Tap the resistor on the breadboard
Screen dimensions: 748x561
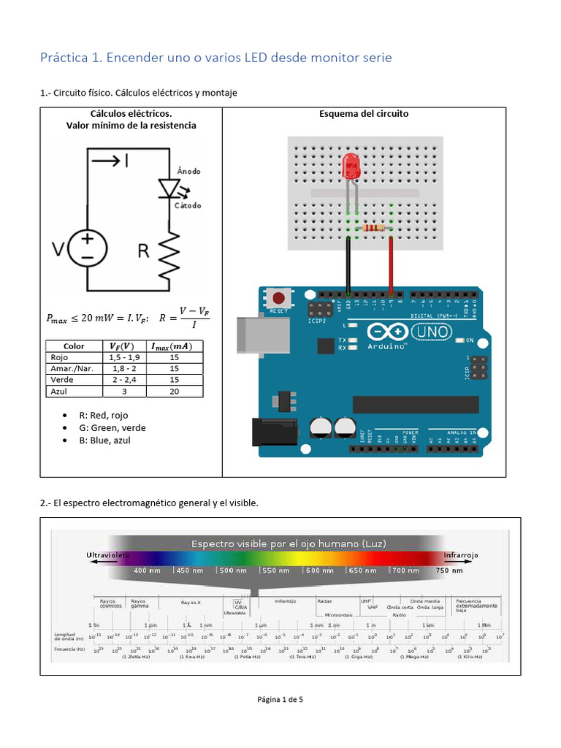[371, 228]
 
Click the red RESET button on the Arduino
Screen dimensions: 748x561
[278, 298]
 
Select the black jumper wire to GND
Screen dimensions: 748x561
[348, 263]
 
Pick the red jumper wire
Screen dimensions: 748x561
[392, 263]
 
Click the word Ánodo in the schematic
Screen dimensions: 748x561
[188, 171]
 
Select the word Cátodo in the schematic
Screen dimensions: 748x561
[188, 205]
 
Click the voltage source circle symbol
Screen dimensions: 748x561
[87, 249]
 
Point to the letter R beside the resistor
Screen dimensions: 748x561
[144, 252]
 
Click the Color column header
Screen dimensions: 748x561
[74, 346]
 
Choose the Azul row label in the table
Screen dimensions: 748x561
[57, 392]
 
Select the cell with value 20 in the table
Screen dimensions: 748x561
[175, 392]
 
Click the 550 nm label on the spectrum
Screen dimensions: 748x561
[275, 570]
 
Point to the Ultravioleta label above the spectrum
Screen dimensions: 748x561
[108, 555]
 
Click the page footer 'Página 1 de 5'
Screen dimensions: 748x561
[280, 699]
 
